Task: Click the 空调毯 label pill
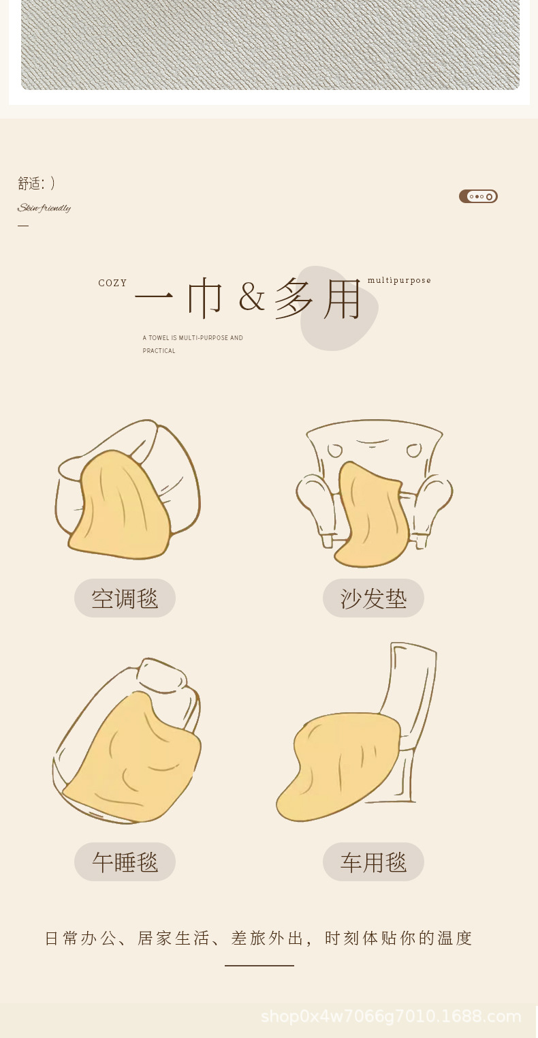125,598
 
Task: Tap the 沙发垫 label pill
373,598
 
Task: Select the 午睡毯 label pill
125,862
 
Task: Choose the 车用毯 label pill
373,862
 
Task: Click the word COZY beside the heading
112,283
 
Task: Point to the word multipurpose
399,280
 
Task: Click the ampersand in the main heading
252,296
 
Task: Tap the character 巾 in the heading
205,299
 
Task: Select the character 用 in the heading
343,299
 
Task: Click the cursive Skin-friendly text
44,208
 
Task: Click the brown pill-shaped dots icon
478,196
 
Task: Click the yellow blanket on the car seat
341,763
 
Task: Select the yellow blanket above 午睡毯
136,763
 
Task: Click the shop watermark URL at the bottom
391,1017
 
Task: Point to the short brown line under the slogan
259,966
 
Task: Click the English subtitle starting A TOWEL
193,344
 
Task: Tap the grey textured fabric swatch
270,44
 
